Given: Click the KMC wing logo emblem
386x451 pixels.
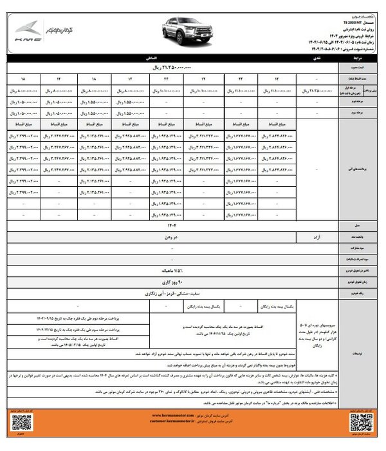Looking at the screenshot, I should [x=30, y=30].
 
